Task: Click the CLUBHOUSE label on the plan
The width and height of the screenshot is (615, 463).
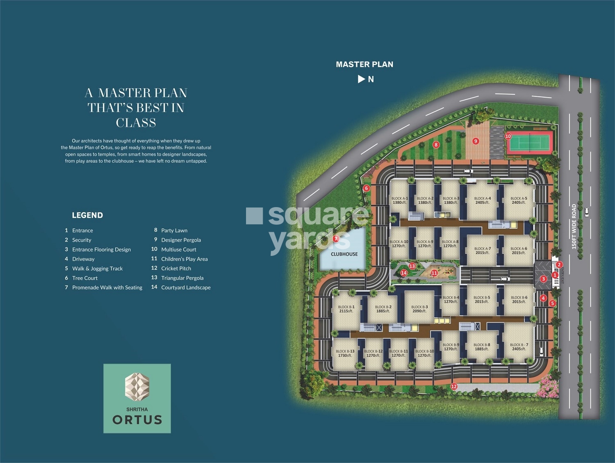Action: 344,254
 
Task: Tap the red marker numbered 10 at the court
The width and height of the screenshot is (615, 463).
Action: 508,136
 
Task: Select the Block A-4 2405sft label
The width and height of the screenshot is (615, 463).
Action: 483,201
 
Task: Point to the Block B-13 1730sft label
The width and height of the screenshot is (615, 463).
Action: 345,354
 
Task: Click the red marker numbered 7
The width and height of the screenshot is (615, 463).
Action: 336,239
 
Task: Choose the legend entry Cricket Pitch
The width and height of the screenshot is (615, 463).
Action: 176,268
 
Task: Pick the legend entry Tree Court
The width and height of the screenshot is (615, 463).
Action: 85,278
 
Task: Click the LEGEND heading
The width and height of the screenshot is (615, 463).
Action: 87,215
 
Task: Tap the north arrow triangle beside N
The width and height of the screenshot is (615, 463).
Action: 361,79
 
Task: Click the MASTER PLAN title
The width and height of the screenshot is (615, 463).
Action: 364,64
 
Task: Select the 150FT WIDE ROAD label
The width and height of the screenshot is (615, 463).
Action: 574,226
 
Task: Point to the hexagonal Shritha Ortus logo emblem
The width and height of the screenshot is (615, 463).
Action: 137,387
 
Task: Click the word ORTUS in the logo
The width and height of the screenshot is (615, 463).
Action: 137,420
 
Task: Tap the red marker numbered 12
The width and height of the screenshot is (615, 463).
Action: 454,386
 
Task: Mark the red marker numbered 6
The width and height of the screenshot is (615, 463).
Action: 367,188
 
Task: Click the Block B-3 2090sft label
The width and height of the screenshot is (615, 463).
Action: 419,309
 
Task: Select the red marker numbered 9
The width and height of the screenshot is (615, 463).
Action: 476,141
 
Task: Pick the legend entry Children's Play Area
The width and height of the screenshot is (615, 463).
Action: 184,259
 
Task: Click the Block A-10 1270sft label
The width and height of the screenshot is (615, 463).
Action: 399,244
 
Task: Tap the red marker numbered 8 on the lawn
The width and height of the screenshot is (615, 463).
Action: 436,144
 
